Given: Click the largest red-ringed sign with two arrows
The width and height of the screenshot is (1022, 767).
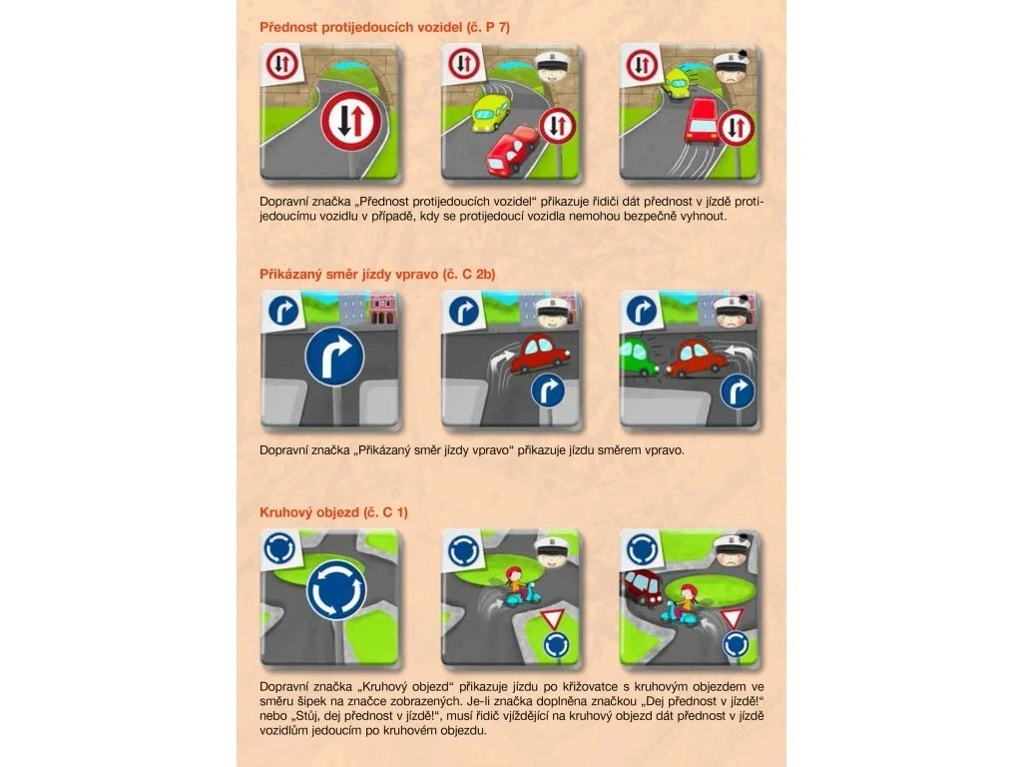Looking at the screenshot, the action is click(x=351, y=121).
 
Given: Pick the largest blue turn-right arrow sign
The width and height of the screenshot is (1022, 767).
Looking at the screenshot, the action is click(x=335, y=357).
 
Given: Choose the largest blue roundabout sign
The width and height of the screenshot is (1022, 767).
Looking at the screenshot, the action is click(x=336, y=592).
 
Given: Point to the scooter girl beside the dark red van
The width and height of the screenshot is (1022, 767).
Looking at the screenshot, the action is click(x=680, y=606).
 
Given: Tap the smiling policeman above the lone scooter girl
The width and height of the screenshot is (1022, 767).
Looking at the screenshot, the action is click(x=555, y=551).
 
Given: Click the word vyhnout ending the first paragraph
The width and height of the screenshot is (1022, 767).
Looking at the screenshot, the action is click(x=703, y=216).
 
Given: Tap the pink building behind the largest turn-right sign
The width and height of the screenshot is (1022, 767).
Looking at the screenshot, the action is click(x=384, y=308).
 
